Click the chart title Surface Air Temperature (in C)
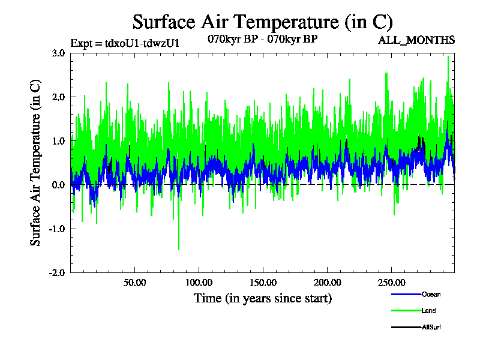(262, 22)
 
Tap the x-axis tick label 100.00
(199, 283)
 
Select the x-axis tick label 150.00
(262, 283)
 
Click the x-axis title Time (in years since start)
(262, 298)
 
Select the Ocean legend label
(431, 295)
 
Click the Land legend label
(428, 311)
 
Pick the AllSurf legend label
(432, 327)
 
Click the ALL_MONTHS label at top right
(416, 40)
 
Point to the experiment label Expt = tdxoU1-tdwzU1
(125, 43)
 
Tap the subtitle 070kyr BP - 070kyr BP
(262, 40)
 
